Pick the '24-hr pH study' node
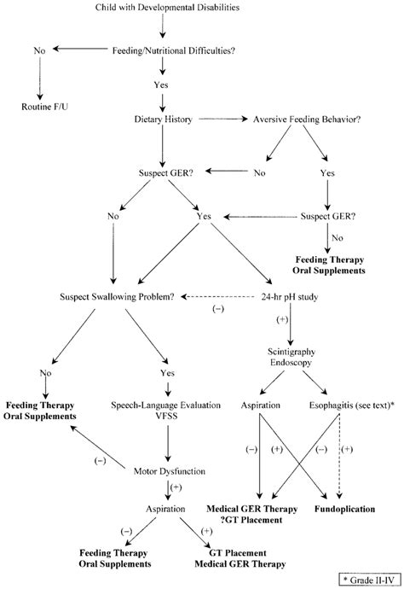pyautogui.click(x=295, y=297)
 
